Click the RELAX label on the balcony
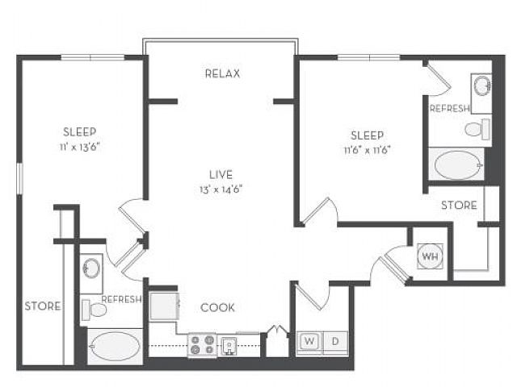223,73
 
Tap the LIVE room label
221,174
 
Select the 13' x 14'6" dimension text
221,189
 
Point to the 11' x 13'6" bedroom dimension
80,147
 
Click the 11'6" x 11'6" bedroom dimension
368,150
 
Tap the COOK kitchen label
217,308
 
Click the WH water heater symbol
431,256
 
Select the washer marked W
309,342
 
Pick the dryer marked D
335,342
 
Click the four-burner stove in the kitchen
202,344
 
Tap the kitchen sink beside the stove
229,346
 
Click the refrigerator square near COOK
164,306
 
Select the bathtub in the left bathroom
115,346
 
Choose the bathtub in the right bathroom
457,164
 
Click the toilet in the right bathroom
477,129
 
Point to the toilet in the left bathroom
94,310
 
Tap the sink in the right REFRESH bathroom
482,86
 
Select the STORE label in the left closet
43,306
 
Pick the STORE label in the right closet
459,206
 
